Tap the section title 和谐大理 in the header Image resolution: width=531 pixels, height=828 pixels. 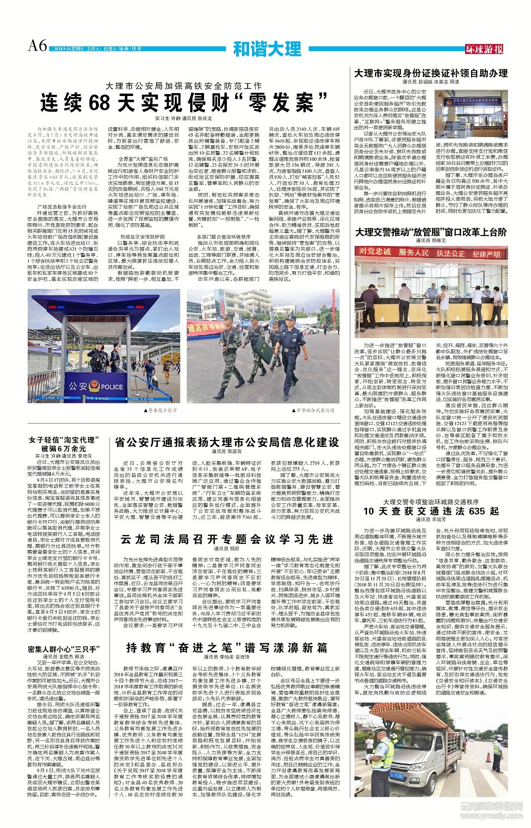pos(267,49)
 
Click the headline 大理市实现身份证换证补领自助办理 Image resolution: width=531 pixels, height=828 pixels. pos(430,73)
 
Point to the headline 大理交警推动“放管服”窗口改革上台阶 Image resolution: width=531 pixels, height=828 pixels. pos(430,232)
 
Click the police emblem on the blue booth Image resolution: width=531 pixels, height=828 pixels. pos(94,387)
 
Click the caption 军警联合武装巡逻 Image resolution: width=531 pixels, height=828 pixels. pos(315,410)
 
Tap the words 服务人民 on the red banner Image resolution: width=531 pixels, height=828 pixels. pos(414,252)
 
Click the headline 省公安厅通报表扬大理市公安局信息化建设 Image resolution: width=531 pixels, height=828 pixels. pos(226,442)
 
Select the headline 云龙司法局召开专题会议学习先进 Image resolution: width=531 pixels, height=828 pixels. pos(227,539)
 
